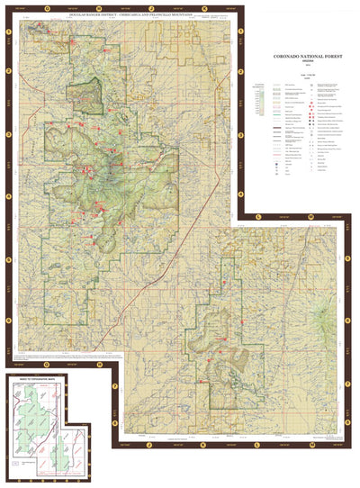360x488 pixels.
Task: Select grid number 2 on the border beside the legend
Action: point(241,70)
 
